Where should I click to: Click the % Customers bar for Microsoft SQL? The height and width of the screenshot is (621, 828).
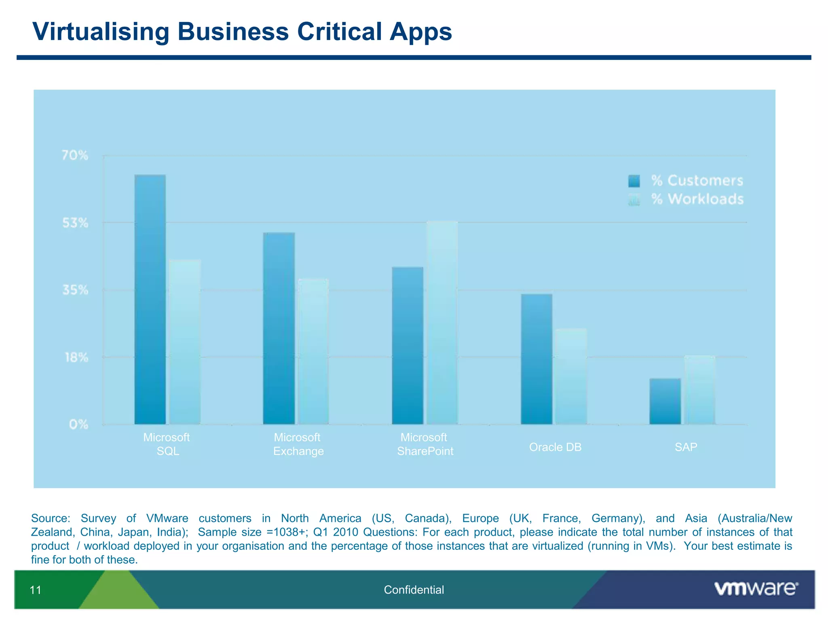pos(150,300)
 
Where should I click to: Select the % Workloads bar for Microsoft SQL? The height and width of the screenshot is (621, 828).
pos(185,342)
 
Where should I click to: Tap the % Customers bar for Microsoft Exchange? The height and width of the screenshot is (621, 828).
pos(279,328)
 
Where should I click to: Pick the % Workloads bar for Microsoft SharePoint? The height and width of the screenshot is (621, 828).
pos(442,323)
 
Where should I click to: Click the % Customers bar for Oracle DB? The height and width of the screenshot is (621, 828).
pos(537,359)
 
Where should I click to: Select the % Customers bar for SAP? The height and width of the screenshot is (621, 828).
pos(665,401)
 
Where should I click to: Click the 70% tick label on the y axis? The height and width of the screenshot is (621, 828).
pos(75,155)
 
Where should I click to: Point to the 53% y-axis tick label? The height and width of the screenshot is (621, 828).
pos(75,223)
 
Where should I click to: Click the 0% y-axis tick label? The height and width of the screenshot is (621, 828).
pos(78,425)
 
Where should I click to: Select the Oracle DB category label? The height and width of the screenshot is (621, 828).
pos(555,447)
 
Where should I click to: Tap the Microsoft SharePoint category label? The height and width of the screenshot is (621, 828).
pos(425,444)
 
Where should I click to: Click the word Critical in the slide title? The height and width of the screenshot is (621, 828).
pos(340,32)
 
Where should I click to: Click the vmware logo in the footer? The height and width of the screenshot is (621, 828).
pos(756,589)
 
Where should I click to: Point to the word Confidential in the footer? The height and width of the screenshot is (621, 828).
pos(414,590)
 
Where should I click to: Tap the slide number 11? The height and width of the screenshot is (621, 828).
pos(36,590)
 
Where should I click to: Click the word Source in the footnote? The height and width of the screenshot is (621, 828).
pos(51,518)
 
